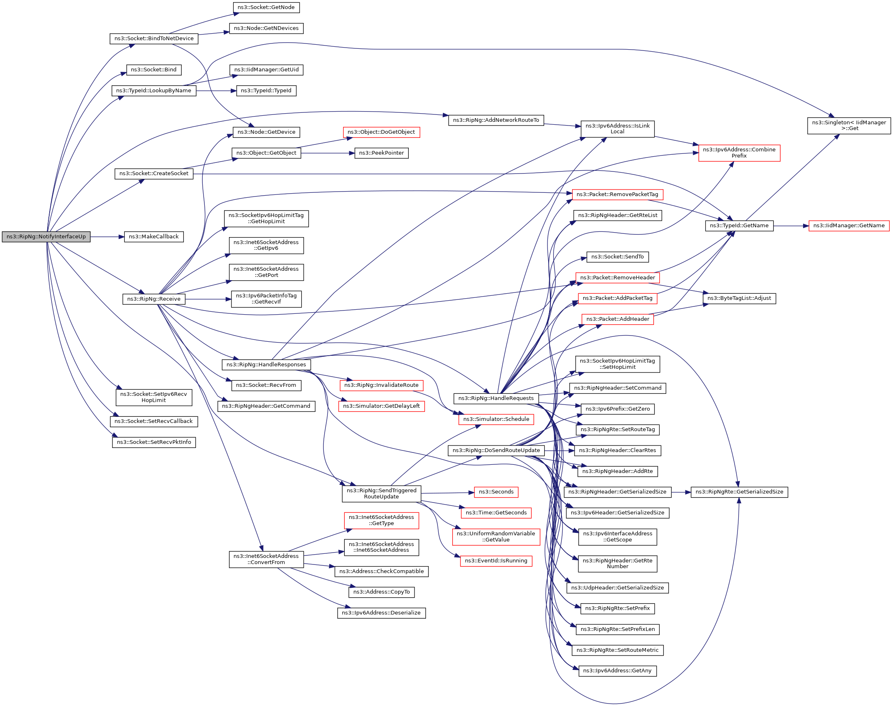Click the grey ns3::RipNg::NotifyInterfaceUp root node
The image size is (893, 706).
click(x=46, y=237)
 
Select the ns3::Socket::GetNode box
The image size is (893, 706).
click(x=266, y=7)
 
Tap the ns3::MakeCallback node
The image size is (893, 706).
click(x=154, y=237)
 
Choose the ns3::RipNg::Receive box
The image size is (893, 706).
click(x=154, y=299)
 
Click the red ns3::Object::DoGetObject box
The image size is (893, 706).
click(x=381, y=132)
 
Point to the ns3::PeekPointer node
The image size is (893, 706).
click(x=381, y=153)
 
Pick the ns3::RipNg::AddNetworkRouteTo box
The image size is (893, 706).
click(x=496, y=120)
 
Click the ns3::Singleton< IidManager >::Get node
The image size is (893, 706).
click(x=849, y=126)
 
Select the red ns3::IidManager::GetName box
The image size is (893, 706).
click(x=849, y=226)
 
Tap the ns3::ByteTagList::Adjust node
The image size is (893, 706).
click(x=739, y=298)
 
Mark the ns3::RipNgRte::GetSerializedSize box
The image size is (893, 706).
click(x=739, y=492)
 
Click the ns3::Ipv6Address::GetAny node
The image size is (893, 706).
click(x=617, y=671)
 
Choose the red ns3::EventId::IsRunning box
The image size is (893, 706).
click(x=496, y=561)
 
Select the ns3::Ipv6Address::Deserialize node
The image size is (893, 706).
click(x=381, y=613)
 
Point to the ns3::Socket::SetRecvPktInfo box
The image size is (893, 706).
click(x=154, y=442)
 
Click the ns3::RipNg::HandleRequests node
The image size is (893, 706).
click(x=496, y=398)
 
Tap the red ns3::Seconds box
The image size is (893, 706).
click(x=496, y=492)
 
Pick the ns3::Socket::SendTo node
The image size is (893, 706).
click(x=617, y=257)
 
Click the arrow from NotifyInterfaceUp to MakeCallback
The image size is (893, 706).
click(x=107, y=237)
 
